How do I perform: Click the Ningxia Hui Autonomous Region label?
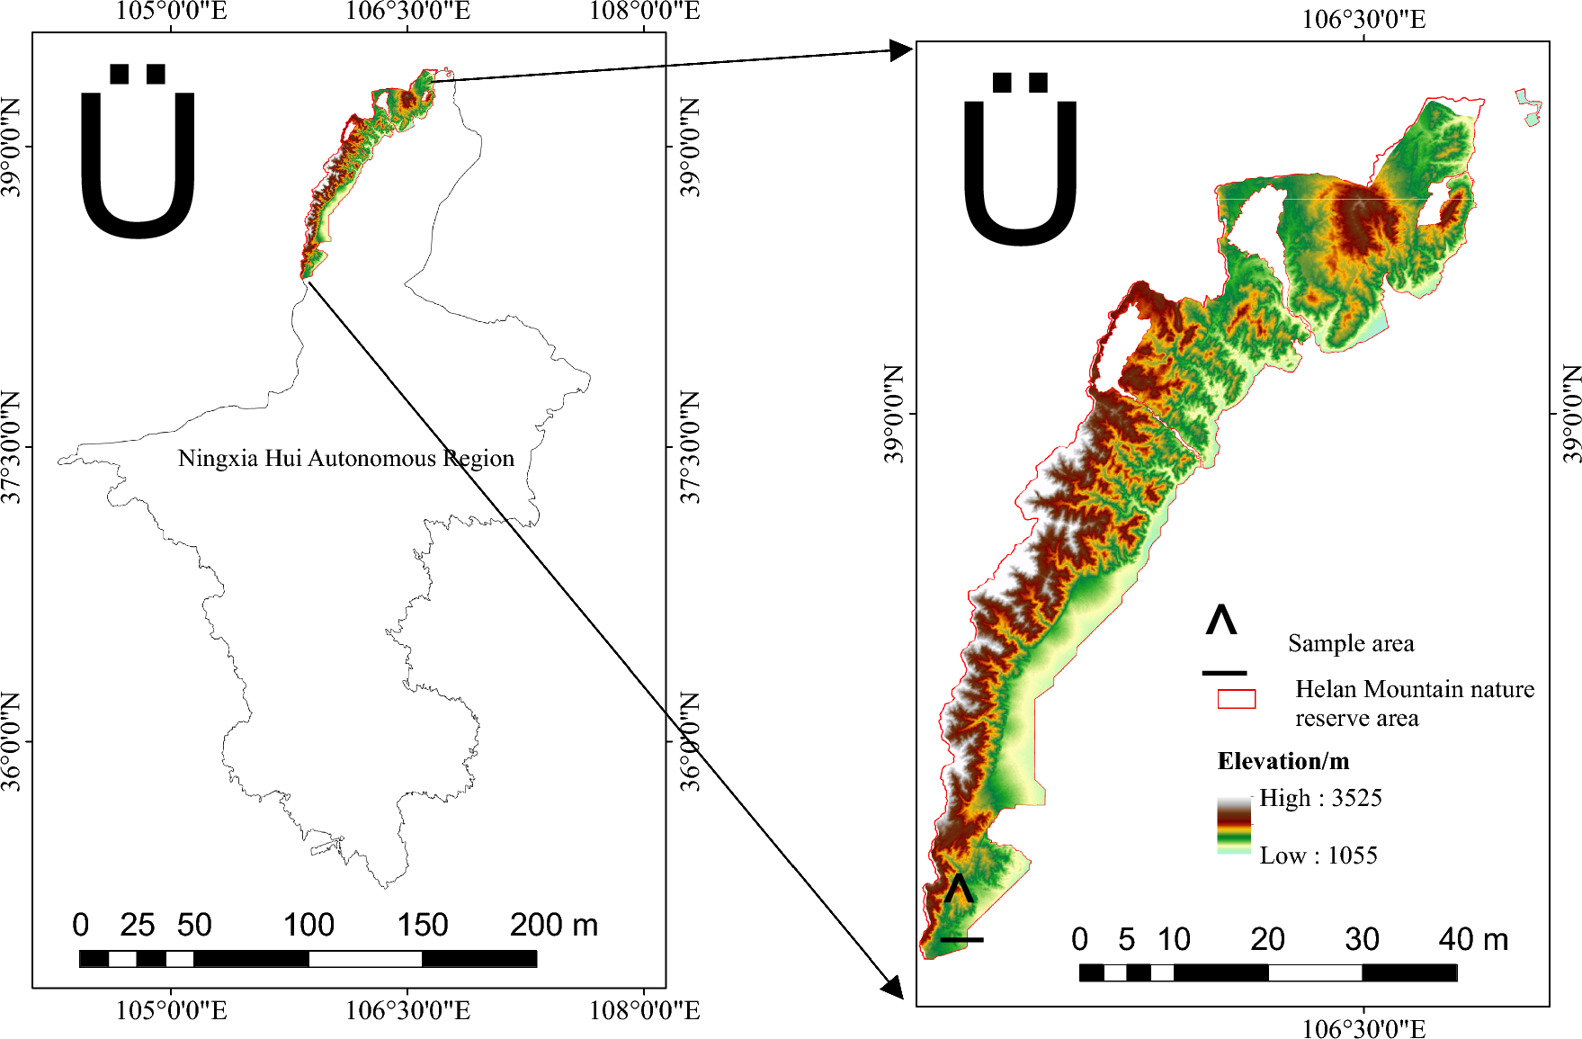345,459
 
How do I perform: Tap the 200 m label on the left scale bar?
553,925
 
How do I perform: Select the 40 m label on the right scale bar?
1473,939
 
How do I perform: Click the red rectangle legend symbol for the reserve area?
1236,699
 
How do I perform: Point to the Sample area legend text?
1350,643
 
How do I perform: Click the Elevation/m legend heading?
1283,761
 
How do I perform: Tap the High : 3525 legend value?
1319,798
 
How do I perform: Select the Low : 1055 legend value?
1318,855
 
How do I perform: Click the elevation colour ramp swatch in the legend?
1234,825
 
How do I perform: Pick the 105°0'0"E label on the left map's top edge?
171,11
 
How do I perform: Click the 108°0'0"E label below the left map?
644,1010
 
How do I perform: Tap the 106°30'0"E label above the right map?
1363,20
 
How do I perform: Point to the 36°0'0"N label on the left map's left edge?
11,741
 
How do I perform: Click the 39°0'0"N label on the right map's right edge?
1570,414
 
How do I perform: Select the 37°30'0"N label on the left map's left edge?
11,447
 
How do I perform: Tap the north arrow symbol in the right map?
1020,159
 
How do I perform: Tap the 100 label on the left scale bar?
308,925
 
